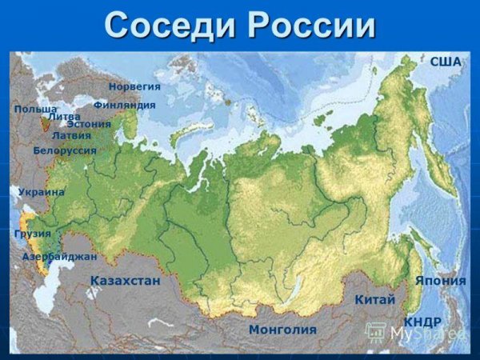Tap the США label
click(x=446, y=62)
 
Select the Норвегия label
click(x=134, y=86)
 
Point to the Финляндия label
click(x=124, y=105)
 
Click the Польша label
click(x=35, y=108)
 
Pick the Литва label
click(x=64, y=117)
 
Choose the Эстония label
click(x=89, y=124)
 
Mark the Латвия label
click(x=71, y=135)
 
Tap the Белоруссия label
click(x=65, y=150)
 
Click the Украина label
click(x=41, y=192)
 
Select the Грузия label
click(x=32, y=234)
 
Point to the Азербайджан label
click(x=60, y=257)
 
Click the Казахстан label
click(x=126, y=281)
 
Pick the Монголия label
click(x=282, y=329)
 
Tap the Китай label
click(x=374, y=299)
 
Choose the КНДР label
click(x=422, y=321)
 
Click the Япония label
click(x=440, y=281)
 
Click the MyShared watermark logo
click(x=416, y=333)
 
